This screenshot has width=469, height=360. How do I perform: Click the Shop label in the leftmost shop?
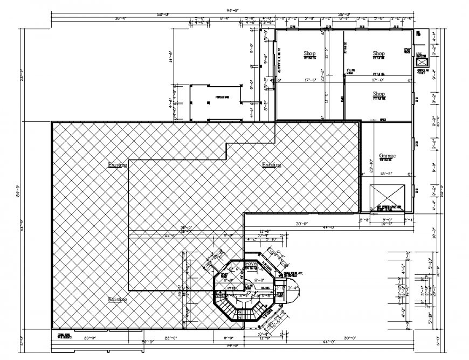point(309,53)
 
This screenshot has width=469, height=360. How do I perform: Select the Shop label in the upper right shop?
point(379,53)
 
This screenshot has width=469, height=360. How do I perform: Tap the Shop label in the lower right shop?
point(379,93)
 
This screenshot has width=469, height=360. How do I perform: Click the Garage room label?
point(387,155)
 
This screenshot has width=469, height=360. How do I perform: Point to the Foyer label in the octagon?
point(251,264)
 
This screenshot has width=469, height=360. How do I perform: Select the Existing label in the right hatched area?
point(271,164)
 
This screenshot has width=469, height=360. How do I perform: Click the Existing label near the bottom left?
point(117,298)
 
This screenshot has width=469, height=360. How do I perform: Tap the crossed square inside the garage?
point(387,197)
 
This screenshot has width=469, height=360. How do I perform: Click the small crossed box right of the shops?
point(421,60)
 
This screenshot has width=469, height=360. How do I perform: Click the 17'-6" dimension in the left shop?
point(310,80)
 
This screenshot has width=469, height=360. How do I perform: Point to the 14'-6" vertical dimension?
point(170,57)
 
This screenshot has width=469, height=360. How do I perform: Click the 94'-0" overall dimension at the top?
point(233,11)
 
